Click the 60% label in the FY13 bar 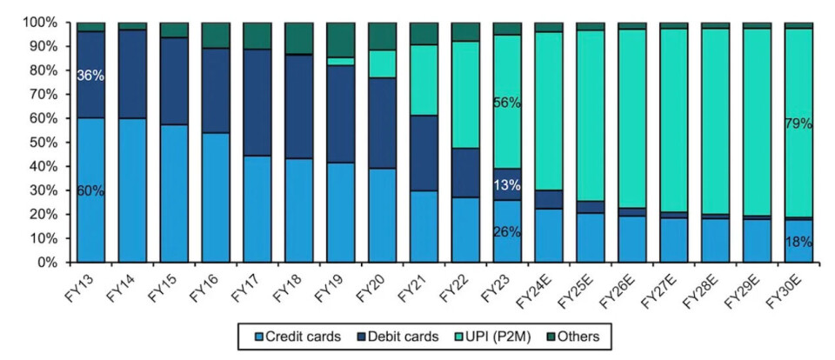coord(91,190)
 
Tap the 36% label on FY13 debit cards coord(91,76)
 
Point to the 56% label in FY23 coord(507,103)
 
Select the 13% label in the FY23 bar coord(507,185)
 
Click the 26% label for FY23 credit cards coord(507,232)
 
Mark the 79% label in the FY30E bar coord(798,123)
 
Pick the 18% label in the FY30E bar coord(798,243)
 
